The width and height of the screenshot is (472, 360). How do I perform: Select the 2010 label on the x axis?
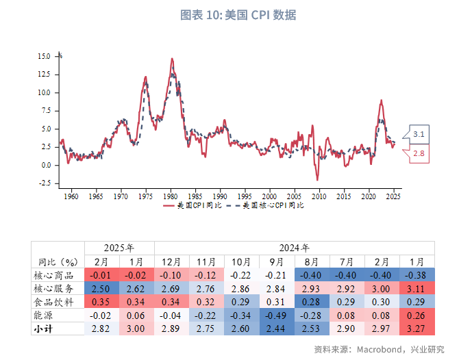pos(319,196)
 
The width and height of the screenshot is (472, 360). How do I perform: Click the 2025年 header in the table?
pos(119,248)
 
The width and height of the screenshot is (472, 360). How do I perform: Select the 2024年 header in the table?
pos(295,248)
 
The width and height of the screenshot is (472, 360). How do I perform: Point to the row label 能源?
pos(44,316)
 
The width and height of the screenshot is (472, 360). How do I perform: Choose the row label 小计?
pos(44,329)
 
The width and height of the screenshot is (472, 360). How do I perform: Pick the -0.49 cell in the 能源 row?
pos(277,316)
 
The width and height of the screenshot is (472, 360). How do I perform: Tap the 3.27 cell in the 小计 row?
pos(417,329)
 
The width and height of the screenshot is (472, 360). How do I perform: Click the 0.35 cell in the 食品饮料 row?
pos(101,302)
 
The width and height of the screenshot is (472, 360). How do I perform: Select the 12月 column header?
pos(172,261)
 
